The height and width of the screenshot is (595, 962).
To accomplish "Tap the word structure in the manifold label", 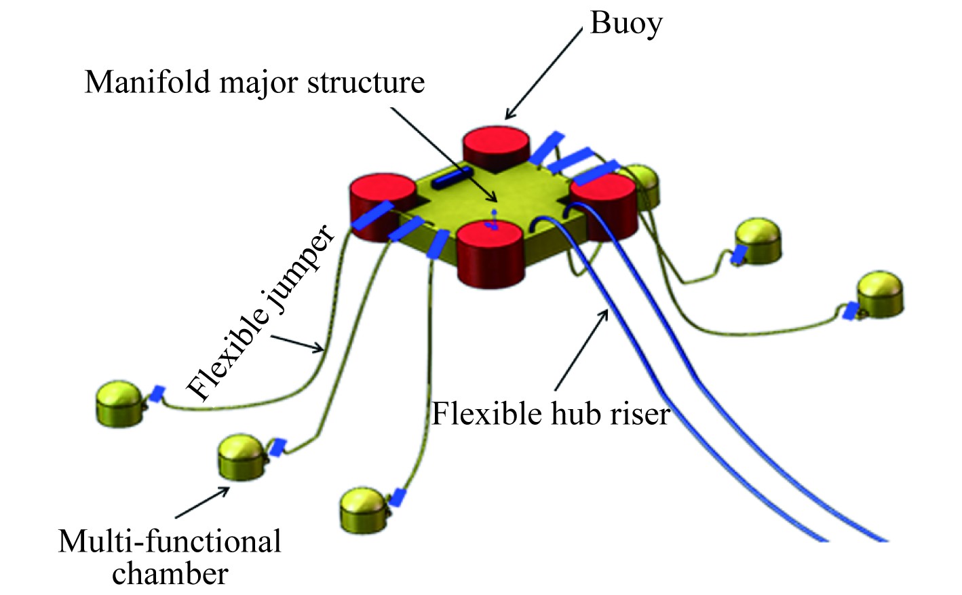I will pyautogui.click(x=366, y=83).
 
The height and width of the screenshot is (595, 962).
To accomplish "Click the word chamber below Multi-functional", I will pyautogui.click(x=170, y=574).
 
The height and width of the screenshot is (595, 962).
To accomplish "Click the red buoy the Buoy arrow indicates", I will pyautogui.click(x=497, y=148).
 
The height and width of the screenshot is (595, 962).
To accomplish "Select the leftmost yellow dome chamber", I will pyautogui.click(x=120, y=404).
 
